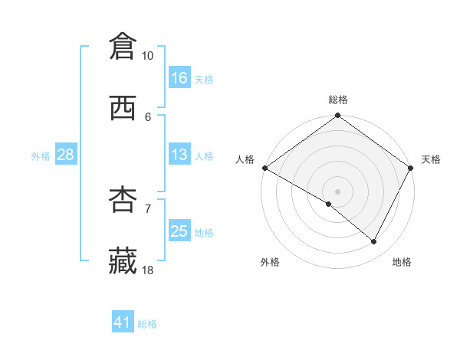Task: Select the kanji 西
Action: point(123,109)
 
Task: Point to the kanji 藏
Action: point(123,261)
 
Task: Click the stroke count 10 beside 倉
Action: point(148,56)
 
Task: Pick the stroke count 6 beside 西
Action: point(148,116)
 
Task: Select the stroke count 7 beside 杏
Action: point(148,208)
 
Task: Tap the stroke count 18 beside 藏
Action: point(148,270)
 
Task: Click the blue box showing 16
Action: point(179,78)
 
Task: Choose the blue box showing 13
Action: point(179,155)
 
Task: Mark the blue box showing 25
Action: point(179,231)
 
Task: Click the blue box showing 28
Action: point(66,155)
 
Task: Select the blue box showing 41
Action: point(123,322)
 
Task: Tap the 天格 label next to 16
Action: point(204,79)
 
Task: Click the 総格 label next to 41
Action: point(147,324)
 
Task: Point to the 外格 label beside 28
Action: point(41,155)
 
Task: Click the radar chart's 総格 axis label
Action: point(338,100)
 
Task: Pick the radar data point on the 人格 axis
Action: point(264,168)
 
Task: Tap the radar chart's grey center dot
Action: point(338,191)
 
